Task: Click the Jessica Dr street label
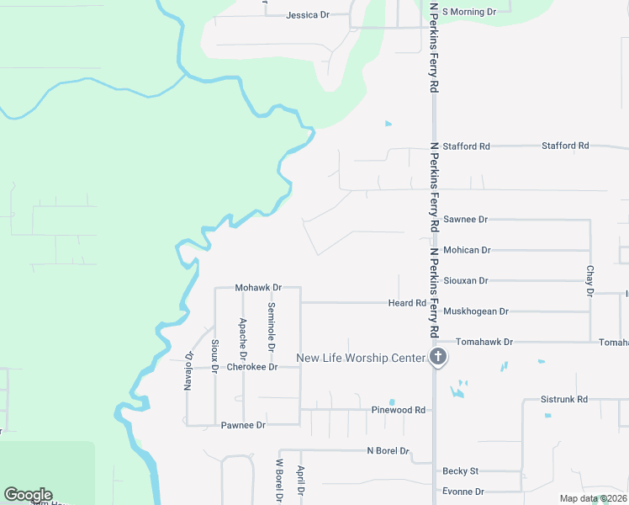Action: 307,15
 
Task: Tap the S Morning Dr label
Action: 469,12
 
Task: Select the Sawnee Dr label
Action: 465,220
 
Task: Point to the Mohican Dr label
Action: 467,250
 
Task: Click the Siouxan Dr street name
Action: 465,280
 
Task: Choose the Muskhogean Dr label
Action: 475,311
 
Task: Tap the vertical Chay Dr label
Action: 589,281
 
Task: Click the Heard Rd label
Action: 407,303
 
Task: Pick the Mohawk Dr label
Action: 256,288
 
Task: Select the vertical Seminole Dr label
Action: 272,328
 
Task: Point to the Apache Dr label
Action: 242,335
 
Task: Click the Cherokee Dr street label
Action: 251,367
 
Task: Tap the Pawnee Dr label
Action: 243,425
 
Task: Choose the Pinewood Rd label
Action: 399,410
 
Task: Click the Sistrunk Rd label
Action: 564,399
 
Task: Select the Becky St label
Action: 460,471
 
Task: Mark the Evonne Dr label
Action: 463,492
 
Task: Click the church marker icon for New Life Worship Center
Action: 437,358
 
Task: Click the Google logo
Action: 29,495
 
